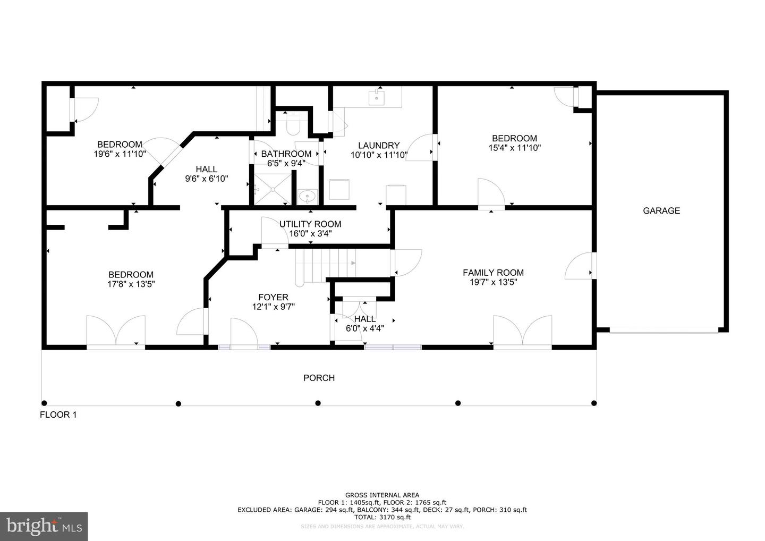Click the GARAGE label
[x=661, y=210]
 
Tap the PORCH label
[x=319, y=378]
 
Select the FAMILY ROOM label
[x=493, y=273]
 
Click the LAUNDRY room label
[x=378, y=146]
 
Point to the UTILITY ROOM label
[x=310, y=224]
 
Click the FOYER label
[x=273, y=297]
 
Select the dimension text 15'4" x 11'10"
[x=514, y=148]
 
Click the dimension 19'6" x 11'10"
[x=120, y=154]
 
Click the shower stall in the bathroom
[x=272, y=189]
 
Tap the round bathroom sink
[x=307, y=197]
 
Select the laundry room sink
[x=377, y=97]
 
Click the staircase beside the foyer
[x=324, y=264]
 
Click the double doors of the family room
[x=522, y=332]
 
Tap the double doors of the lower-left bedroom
[x=116, y=332]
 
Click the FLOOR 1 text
[x=58, y=415]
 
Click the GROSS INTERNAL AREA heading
[x=382, y=495]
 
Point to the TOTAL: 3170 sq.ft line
[x=382, y=517]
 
